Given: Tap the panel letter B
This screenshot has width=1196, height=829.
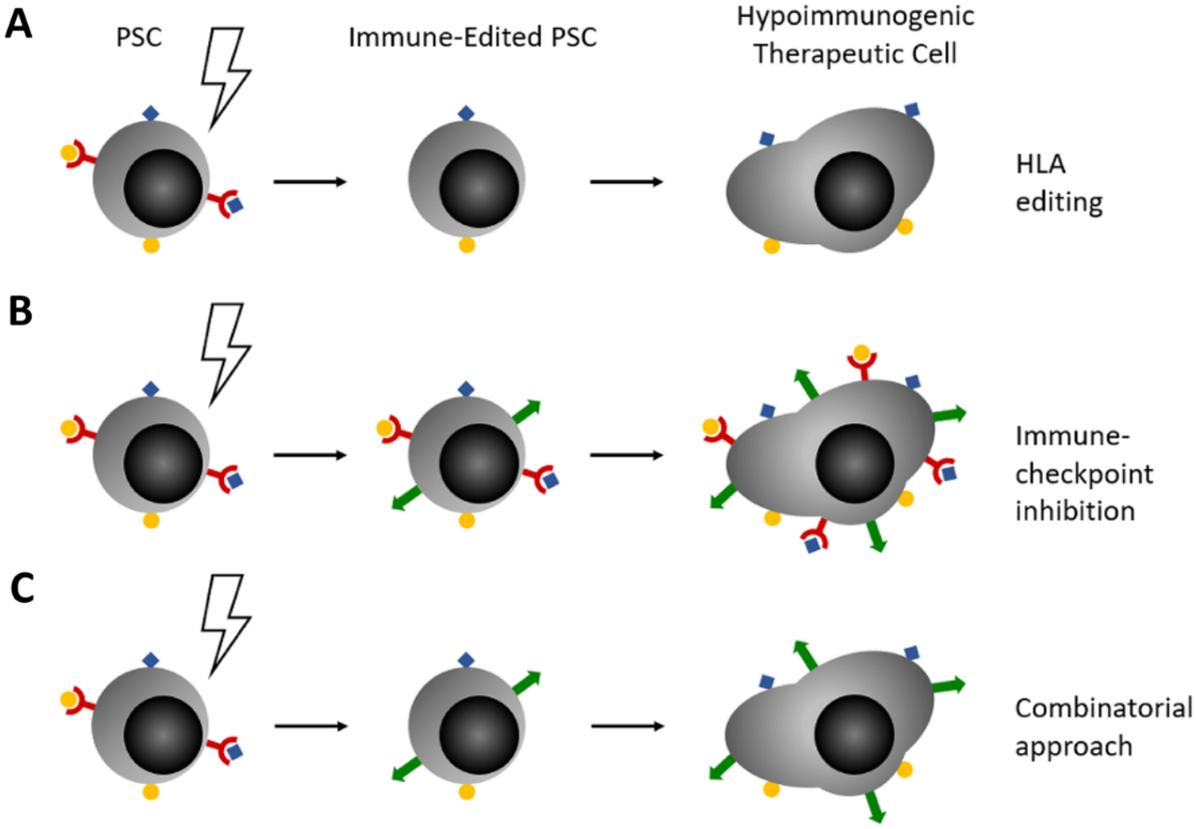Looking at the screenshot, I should point(20,310).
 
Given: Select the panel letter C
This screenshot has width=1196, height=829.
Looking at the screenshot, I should point(21,591).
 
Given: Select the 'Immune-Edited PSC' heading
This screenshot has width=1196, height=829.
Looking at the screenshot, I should point(463,38).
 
